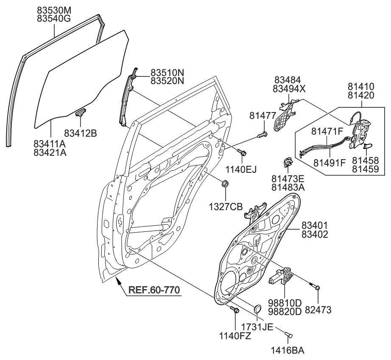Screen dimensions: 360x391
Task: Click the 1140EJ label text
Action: [x=242, y=169]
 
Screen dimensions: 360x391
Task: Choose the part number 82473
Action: [x=318, y=310]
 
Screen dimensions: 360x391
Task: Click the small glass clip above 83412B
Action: [x=81, y=112]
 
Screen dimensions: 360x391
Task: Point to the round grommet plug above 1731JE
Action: [x=257, y=309]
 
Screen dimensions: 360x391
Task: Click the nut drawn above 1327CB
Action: [x=225, y=184]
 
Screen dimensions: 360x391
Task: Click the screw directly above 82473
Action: [x=317, y=287]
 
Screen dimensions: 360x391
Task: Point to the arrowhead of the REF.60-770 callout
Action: [x=119, y=279]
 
